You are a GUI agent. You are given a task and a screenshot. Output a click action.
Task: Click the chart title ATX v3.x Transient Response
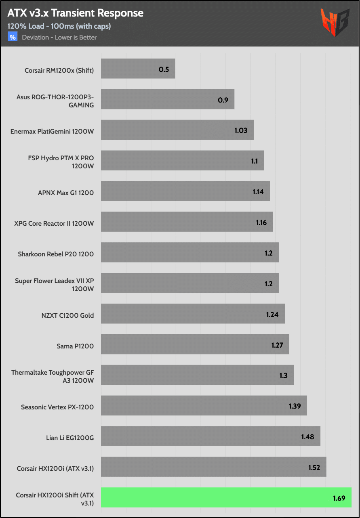pos(75,13)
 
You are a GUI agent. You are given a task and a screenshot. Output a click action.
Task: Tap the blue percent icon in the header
pos(13,37)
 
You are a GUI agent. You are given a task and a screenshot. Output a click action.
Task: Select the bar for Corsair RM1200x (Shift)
pos(138,69)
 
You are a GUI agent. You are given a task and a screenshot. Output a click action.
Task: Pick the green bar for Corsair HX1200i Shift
pos(226,497)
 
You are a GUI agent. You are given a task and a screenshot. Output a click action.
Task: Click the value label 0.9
pos(223,100)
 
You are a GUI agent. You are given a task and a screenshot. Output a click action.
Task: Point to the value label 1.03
pos(241,130)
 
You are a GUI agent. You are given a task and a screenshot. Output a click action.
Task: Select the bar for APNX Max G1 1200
pos(185,191)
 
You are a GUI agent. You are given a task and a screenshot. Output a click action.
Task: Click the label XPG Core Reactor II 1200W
pos(54,223)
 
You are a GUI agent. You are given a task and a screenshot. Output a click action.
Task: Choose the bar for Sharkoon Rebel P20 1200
pos(189,253)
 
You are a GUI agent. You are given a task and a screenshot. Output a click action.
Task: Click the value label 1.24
pos(272,314)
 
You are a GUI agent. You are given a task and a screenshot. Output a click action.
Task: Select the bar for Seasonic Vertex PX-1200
pos(204,406)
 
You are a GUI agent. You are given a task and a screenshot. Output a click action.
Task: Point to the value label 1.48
pos(307,436)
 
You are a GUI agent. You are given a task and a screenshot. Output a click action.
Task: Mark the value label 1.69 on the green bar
pos(339,498)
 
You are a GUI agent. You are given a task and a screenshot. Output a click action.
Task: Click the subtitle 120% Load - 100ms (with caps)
pos(59,26)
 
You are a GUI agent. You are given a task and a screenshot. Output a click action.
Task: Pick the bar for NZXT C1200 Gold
pos(193,314)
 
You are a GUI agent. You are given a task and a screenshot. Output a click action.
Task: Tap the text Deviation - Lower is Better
pos(59,38)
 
